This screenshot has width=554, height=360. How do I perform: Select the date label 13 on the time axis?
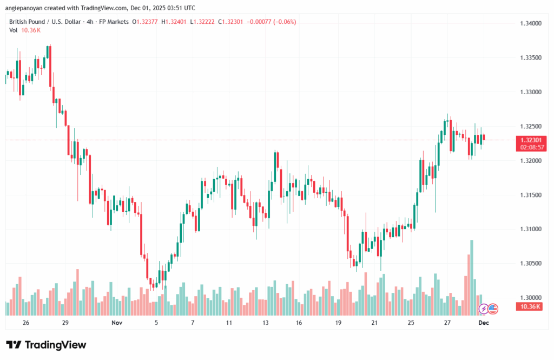266,322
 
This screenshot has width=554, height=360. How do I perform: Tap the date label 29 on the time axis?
65,322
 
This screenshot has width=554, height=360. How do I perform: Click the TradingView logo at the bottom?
46,345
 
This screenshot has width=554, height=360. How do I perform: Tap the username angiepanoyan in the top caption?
27,8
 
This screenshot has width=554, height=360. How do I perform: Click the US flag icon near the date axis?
492,309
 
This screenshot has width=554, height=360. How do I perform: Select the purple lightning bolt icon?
483,309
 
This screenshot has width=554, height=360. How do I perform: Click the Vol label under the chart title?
14,30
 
